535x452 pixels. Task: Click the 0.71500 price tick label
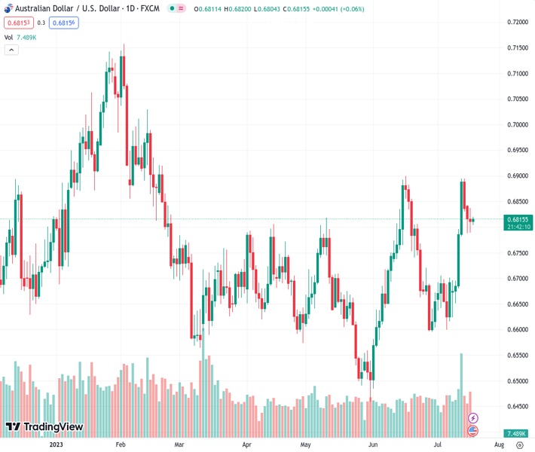tap(516, 47)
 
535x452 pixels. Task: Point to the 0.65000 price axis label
tap(516, 381)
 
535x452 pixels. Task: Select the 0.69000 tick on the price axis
tap(516, 176)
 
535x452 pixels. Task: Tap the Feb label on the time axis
tap(120, 445)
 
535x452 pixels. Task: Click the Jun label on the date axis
tap(372, 445)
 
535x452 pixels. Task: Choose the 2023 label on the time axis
tap(57, 445)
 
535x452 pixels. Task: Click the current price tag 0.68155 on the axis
tap(518, 219)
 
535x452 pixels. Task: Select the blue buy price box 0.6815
tap(63, 23)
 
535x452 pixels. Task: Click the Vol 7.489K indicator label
tap(20, 37)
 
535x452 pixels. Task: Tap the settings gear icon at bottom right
tap(519, 445)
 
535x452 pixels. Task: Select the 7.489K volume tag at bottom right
tap(517, 433)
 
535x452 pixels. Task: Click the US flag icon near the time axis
tap(473, 431)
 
